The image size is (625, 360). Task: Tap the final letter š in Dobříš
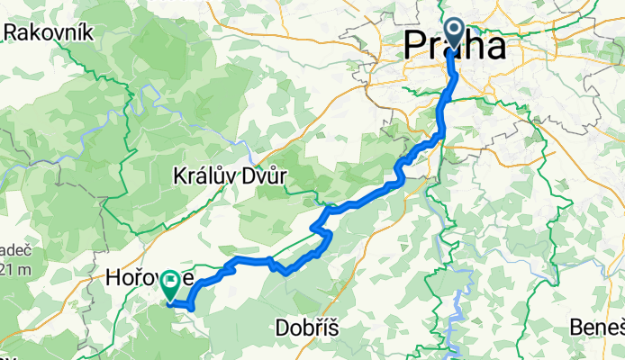pyautogui.click(x=332, y=328)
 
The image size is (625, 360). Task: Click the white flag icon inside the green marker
pyautogui.click(x=169, y=281)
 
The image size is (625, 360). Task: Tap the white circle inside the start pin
pyautogui.click(x=453, y=30)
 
